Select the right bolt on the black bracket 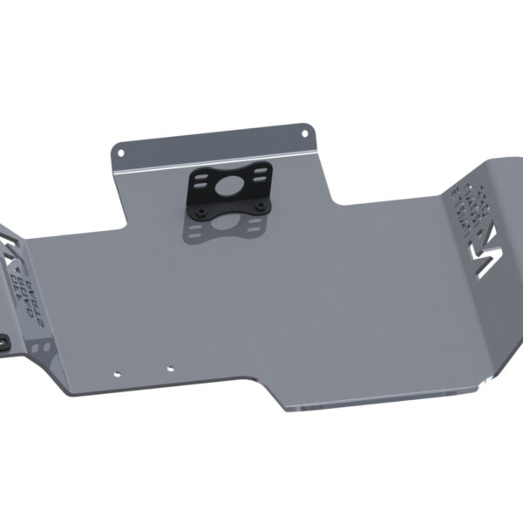(x=260, y=206)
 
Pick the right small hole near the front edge (x=171, y=366)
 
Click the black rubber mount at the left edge (x=3, y=343)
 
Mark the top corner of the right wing (x=506, y=159)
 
